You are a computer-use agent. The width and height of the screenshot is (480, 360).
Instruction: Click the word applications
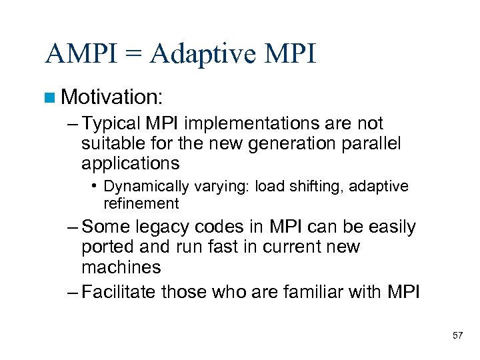pyautogui.click(x=131, y=163)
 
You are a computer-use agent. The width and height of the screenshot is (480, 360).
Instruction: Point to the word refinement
pyautogui.click(x=141, y=203)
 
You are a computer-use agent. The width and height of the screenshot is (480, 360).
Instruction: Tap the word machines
pyautogui.click(x=121, y=267)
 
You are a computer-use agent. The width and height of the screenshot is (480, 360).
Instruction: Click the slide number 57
pyautogui.click(x=457, y=335)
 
